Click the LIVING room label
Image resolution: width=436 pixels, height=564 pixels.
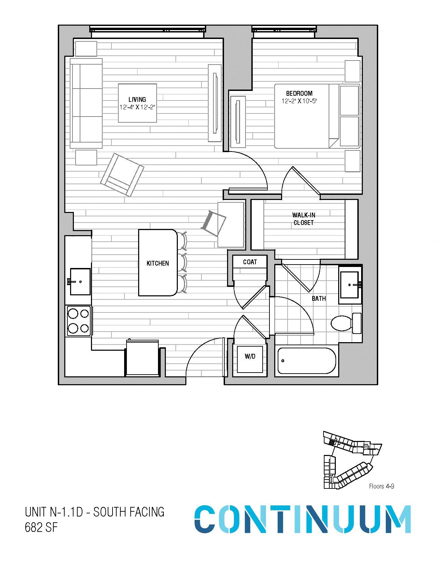(137, 99)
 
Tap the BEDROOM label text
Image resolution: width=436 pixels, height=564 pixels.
(299, 93)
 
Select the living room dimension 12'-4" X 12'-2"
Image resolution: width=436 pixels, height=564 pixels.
(137, 107)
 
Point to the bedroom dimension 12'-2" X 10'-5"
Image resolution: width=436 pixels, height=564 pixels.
(299, 101)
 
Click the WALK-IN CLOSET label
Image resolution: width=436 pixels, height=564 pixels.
(304, 219)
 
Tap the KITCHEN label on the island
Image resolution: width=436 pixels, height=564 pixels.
(158, 264)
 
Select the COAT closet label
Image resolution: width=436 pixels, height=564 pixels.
(250, 262)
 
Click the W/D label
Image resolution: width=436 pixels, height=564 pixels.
(250, 357)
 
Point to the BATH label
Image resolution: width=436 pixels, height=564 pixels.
(319, 298)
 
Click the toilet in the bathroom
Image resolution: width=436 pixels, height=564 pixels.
(346, 323)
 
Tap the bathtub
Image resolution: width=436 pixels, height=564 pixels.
(307, 361)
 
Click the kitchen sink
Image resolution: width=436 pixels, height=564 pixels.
(80, 282)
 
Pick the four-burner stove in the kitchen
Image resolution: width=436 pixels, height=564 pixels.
(79, 321)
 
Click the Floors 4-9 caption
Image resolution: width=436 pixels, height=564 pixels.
(382, 486)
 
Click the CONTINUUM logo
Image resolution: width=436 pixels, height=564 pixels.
(303, 519)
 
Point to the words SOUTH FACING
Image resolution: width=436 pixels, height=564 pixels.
(129, 512)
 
